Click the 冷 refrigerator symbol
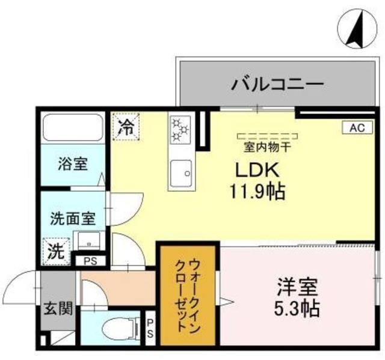(x=126, y=126)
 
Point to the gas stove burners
(x=180, y=129)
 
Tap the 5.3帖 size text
(x=298, y=310)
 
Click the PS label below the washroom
(x=90, y=261)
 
